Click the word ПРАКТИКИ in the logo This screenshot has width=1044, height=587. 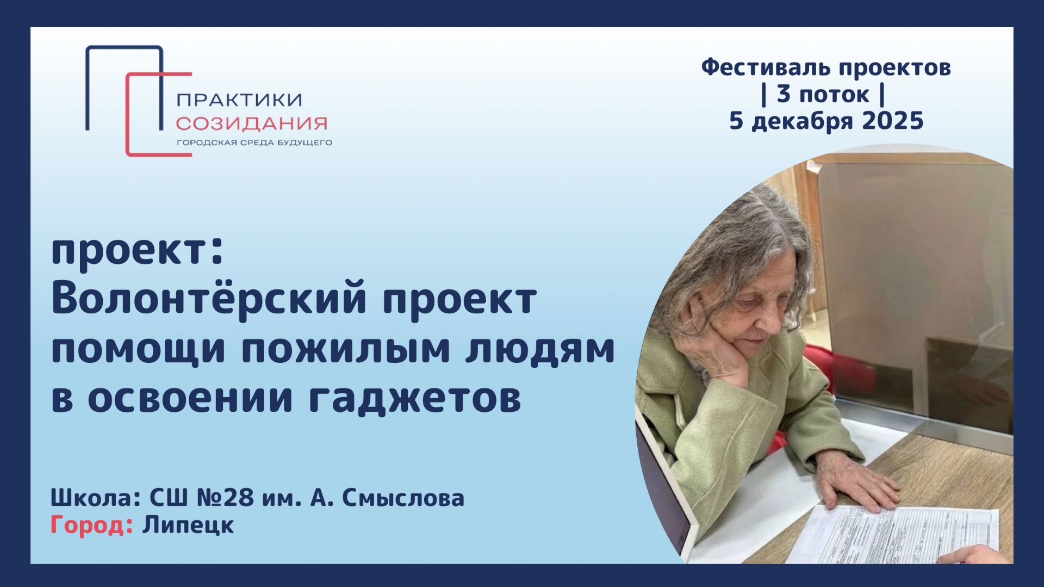point(239,100)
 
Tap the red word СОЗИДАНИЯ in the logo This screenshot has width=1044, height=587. point(251,123)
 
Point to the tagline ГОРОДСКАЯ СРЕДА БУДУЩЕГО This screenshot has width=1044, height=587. point(253,143)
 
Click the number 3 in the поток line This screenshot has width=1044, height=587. point(784,94)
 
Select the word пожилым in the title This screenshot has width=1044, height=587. point(346,349)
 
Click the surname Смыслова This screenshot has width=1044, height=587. point(403,498)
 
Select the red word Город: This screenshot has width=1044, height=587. point(92,526)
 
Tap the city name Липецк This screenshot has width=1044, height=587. point(188,526)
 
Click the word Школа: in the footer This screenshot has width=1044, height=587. point(96,498)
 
